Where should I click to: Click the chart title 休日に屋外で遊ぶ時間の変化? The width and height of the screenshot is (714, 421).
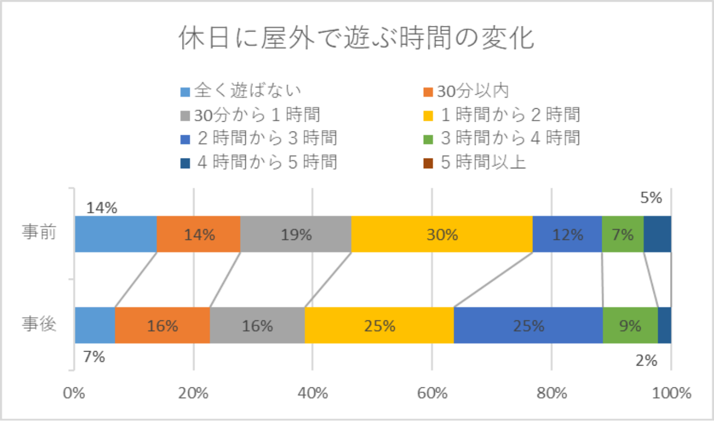click(x=356, y=39)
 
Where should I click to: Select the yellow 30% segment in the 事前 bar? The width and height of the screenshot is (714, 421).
click(x=442, y=234)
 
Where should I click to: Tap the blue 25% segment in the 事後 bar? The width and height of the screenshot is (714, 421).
click(x=528, y=325)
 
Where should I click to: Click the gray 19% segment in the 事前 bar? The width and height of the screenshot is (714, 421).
click(x=296, y=234)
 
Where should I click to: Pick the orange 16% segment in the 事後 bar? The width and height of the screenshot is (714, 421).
click(x=162, y=325)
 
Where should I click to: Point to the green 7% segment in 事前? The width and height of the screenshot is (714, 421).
click(x=623, y=234)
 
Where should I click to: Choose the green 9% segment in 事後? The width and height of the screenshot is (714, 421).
click(x=630, y=325)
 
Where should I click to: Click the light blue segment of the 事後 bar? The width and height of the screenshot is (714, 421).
click(x=95, y=325)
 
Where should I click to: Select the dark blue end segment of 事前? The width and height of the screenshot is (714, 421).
click(x=657, y=234)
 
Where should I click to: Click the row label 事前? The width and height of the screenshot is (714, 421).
click(x=39, y=233)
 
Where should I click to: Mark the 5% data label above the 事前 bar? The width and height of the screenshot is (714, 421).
click(x=651, y=198)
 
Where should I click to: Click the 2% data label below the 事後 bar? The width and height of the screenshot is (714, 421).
click(x=647, y=360)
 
